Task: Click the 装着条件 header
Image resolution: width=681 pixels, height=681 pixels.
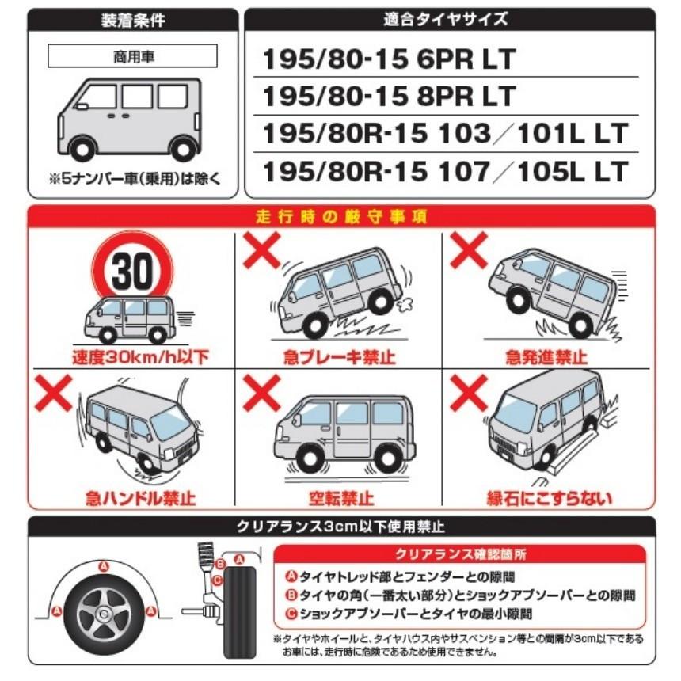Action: (133, 20)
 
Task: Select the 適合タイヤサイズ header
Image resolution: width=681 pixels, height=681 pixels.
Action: (450, 20)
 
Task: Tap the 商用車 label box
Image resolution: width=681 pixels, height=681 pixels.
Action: (133, 55)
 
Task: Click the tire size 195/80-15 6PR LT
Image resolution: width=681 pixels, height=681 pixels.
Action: (389, 59)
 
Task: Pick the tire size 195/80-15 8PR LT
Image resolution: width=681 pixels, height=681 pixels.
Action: (389, 96)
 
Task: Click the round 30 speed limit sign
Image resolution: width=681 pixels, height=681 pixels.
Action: (130, 272)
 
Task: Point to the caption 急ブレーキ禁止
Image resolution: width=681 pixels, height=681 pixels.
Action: (340, 357)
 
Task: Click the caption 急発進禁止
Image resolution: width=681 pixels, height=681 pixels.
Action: (546, 357)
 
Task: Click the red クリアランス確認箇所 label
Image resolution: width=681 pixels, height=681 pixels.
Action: (460, 554)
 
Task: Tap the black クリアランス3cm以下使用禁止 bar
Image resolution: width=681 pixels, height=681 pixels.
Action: (340, 526)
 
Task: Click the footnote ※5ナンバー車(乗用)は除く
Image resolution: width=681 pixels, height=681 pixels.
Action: (133, 179)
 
